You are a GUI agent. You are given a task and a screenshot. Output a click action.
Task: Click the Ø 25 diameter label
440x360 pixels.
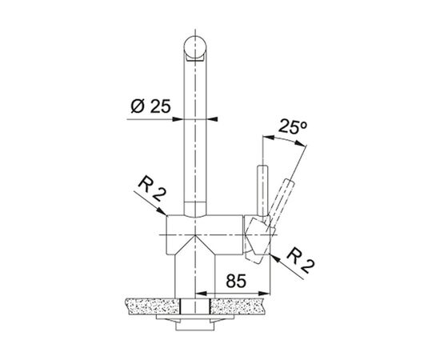[x=151, y=106]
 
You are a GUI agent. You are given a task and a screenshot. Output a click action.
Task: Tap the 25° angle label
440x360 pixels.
[x=292, y=126]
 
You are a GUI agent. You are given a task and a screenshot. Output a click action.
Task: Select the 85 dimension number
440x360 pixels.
[x=236, y=281]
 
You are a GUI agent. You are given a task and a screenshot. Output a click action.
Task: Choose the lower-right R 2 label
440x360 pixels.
[x=301, y=260]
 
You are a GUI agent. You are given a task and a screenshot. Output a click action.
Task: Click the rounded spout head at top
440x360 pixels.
[x=195, y=48]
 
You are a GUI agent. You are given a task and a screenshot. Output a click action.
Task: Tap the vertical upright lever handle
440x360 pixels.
[x=263, y=192]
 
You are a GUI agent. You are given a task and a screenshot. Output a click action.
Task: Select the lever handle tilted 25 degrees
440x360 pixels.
[x=282, y=202]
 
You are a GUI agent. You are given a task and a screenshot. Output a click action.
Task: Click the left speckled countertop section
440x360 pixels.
[x=153, y=306]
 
